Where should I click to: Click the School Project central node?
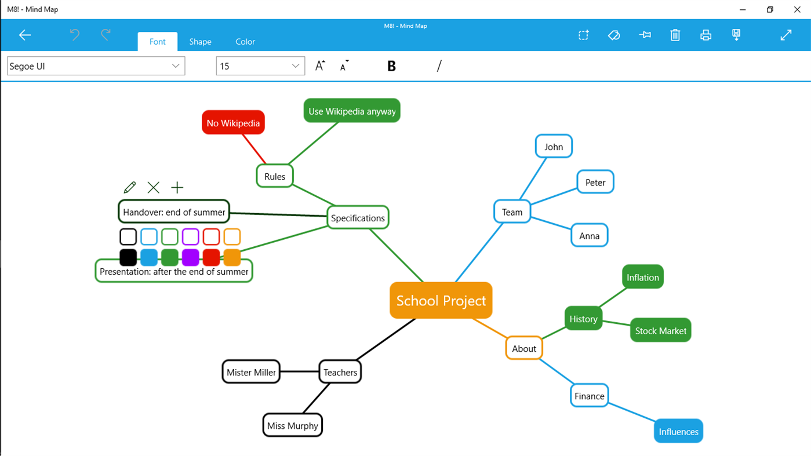441,301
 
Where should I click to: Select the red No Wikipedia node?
233,123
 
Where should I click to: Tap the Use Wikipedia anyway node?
352,111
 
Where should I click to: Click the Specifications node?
358,218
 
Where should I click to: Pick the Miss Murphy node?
292,425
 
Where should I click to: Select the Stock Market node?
660,330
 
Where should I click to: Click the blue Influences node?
678,431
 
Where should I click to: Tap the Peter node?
595,182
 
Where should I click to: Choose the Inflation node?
642,277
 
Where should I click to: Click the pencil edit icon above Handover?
130,187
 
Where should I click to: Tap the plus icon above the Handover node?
177,187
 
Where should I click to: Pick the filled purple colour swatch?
191,257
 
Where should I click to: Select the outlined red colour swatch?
211,236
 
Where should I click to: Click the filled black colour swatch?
128,257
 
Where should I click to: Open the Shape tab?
200,42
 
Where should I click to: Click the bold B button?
391,66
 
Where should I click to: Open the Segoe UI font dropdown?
96,66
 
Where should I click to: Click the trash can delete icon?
675,35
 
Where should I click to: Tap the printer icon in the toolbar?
705,35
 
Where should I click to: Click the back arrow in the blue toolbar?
25,35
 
